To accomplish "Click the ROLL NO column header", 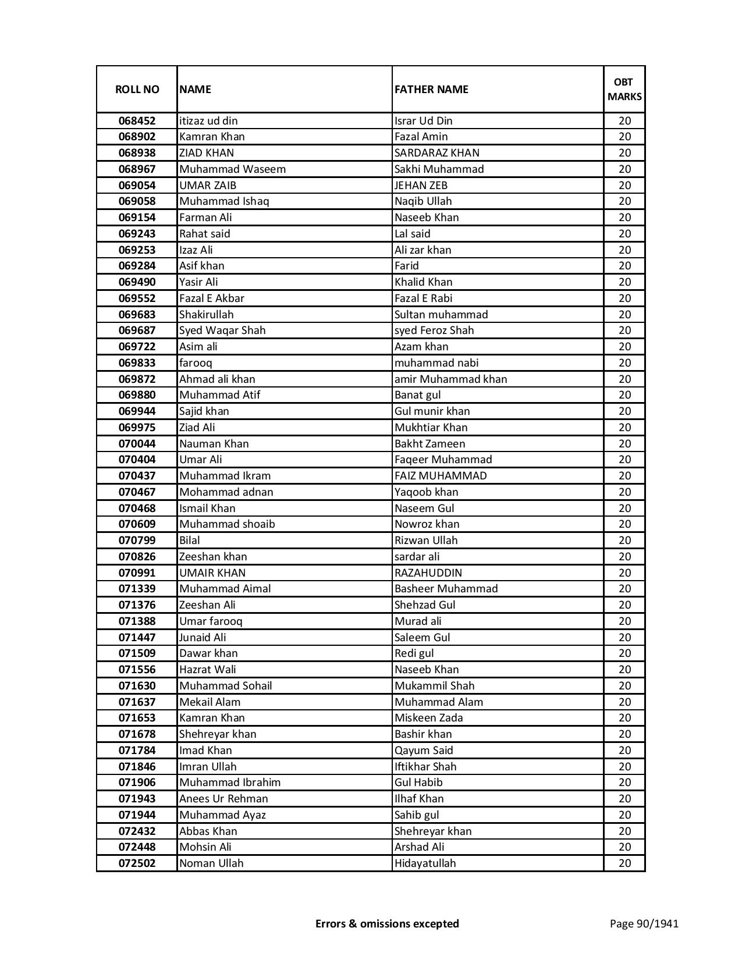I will [x=137, y=90].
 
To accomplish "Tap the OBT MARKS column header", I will [x=624, y=90].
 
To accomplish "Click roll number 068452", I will [x=137, y=121].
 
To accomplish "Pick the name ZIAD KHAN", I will [x=207, y=153].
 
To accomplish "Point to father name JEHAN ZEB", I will [x=421, y=186].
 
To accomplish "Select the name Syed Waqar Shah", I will [x=222, y=330].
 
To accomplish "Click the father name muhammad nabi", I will [x=436, y=363].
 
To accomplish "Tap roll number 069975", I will [x=137, y=428].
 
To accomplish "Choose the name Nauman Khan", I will [x=214, y=444].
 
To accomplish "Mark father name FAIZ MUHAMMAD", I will [x=441, y=476].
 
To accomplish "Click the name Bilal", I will [x=190, y=541].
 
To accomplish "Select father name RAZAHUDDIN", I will [x=428, y=573].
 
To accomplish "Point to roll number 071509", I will [x=137, y=653].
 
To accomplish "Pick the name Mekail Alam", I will [x=210, y=702].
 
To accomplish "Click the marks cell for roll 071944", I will [x=624, y=815].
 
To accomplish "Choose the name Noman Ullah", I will [x=211, y=863].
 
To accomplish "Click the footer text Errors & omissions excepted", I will [x=387, y=923].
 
